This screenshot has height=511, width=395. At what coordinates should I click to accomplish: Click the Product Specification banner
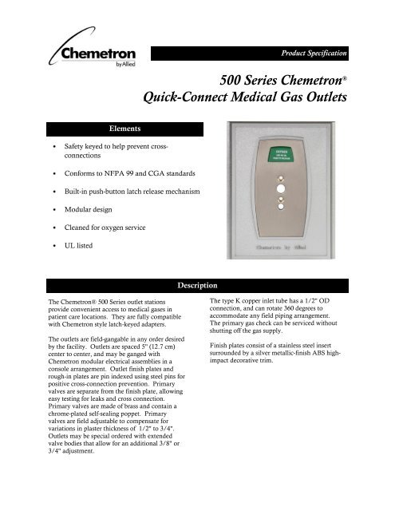click(310, 53)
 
